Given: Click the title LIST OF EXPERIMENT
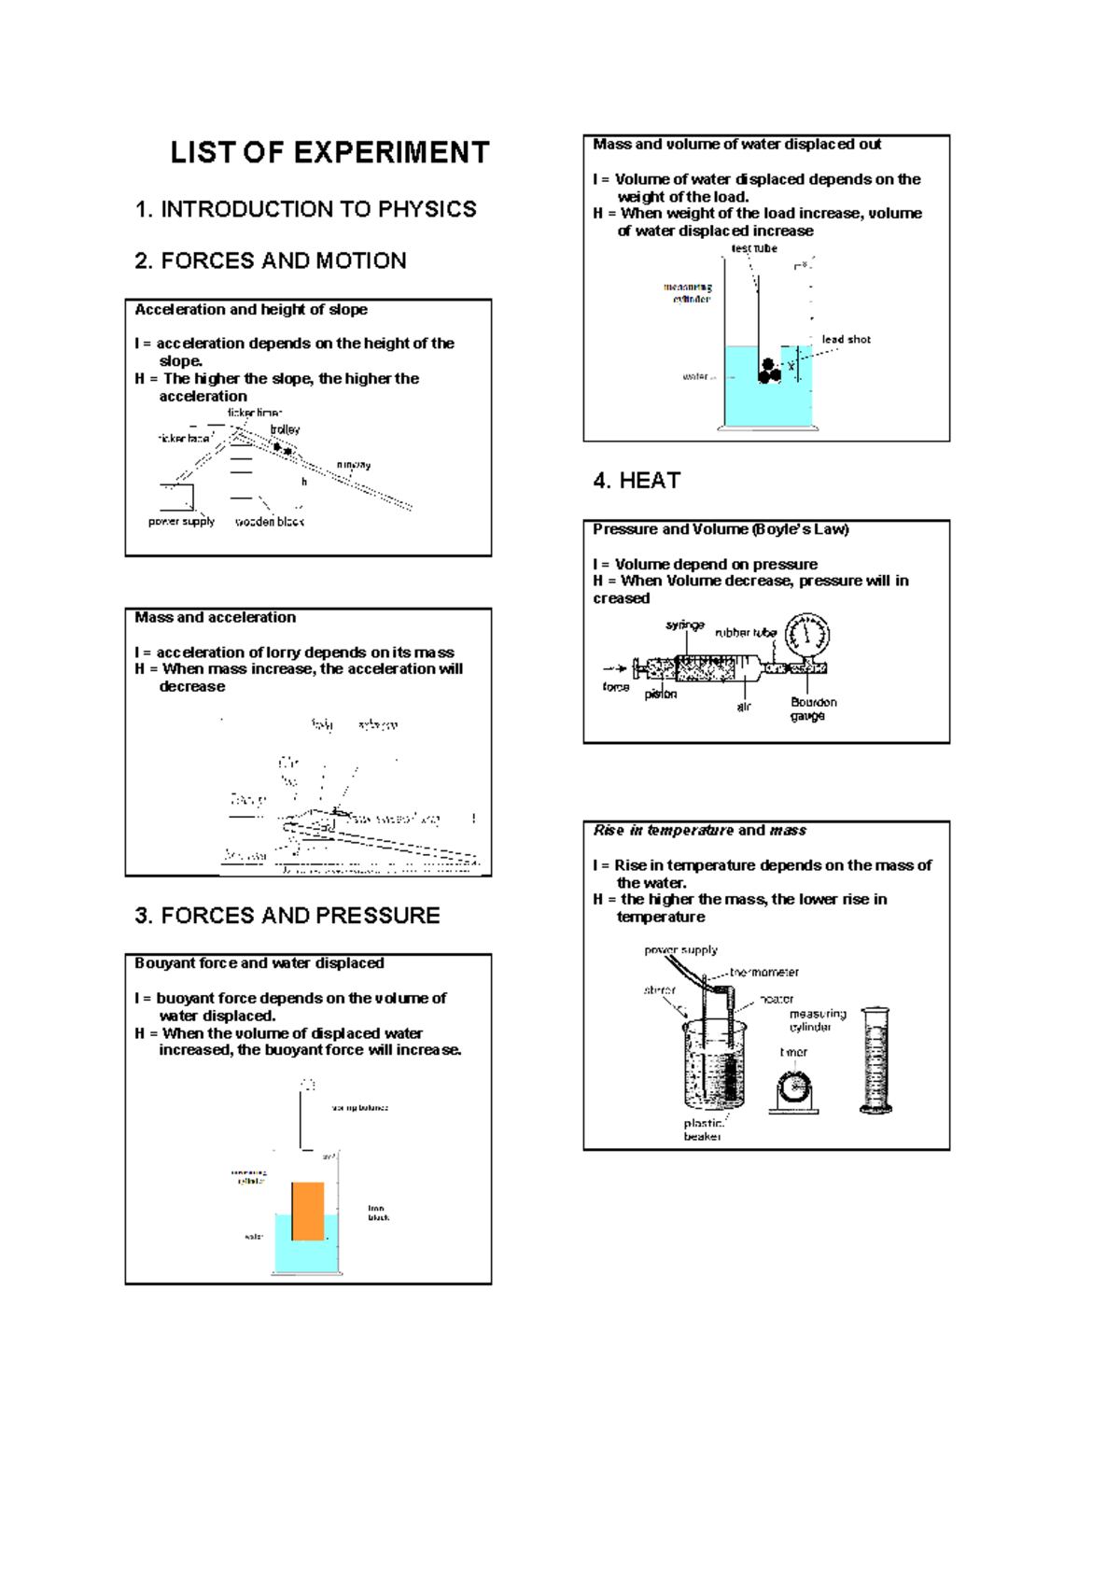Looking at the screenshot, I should (x=329, y=153).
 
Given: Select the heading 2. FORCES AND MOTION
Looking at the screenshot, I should (x=271, y=261).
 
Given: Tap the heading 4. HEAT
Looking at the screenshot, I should (x=637, y=481).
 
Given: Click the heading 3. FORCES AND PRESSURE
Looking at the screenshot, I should (x=287, y=916).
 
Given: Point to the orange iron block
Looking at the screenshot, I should (x=308, y=1212).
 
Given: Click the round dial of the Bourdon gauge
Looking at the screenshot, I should (x=806, y=637).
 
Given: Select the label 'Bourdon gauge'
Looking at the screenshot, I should (x=812, y=709).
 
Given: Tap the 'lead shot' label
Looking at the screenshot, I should (x=846, y=340).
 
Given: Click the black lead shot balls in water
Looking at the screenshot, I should (x=768, y=372).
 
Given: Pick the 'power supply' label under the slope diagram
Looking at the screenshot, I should (x=181, y=522).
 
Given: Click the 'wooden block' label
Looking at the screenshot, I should (x=270, y=522).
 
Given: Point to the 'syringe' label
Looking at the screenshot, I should (x=685, y=625).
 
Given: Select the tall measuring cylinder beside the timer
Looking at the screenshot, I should (x=875, y=1060).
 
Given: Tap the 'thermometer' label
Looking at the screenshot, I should (x=763, y=973).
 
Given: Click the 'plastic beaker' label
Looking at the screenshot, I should (x=703, y=1130).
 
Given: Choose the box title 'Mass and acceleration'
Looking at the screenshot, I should (x=215, y=618).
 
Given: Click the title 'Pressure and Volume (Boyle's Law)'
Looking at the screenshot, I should (x=721, y=529).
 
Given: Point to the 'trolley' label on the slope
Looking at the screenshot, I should (x=285, y=429).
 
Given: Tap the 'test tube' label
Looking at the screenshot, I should (x=754, y=249).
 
